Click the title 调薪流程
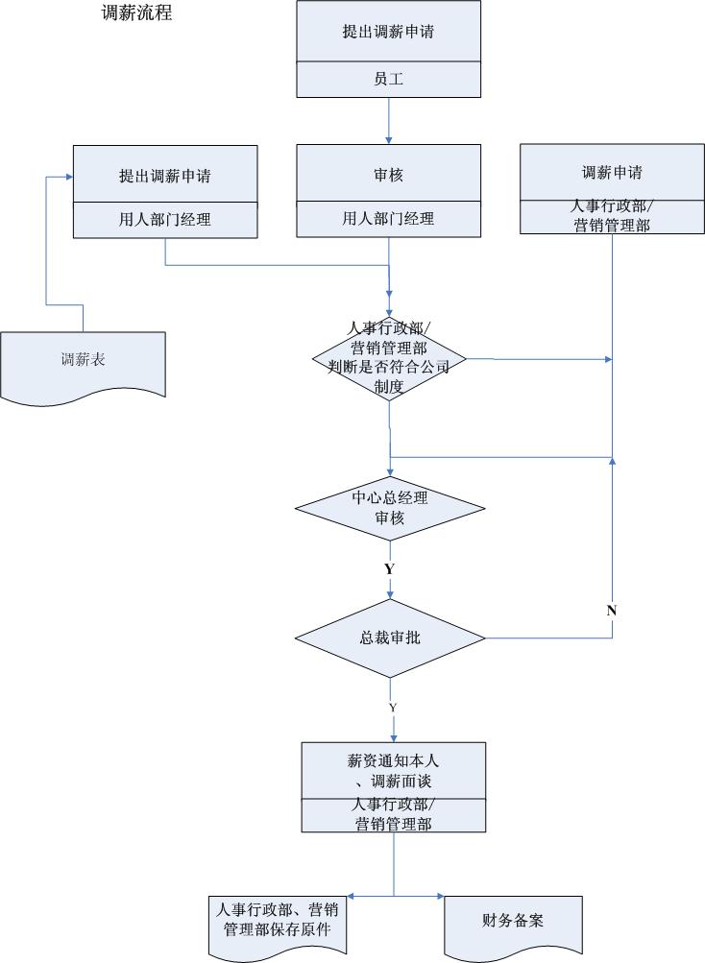pos(137,14)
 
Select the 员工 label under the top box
pos(388,79)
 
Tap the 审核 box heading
pos(388,173)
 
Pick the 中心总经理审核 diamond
pos(389,508)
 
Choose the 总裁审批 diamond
pos(389,638)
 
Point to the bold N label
pos(612,611)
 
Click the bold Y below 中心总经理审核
pos(389,569)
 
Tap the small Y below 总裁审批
pos(392,708)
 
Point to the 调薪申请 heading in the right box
pos(612,173)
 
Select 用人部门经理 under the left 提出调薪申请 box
pos(165,220)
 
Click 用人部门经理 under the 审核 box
pos(388,219)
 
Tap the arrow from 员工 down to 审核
pos(389,120)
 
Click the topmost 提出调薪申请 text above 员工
pos(388,32)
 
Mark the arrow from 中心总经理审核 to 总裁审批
pos(389,586)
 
